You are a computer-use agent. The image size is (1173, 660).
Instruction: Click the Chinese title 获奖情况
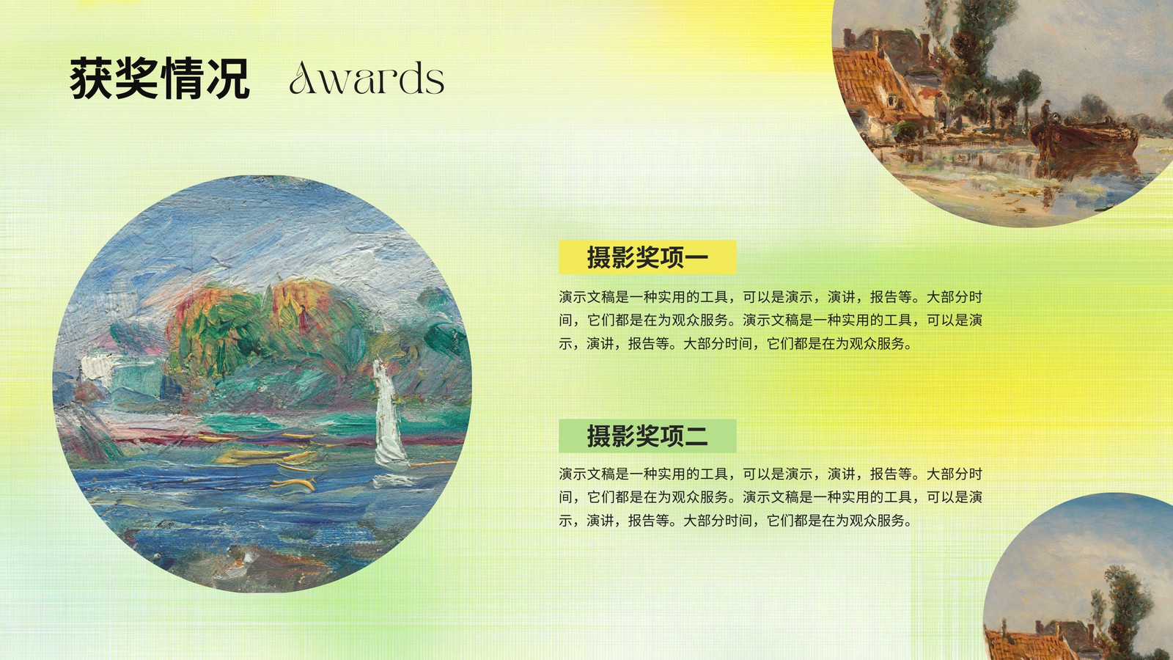[x=160, y=78]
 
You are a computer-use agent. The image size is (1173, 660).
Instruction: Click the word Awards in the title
[x=367, y=78]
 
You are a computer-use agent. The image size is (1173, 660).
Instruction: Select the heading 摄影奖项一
[x=647, y=257]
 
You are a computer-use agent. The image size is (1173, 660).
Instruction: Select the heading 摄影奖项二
[x=647, y=436]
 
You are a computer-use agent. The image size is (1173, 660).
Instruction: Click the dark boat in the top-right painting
[x=1084, y=137]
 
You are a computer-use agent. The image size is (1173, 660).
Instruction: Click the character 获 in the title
[x=92, y=78]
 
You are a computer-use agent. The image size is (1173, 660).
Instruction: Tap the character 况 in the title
[x=228, y=78]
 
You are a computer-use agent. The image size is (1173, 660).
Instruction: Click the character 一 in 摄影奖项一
[x=696, y=257]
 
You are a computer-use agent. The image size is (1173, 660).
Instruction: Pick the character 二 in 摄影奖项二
[x=696, y=436]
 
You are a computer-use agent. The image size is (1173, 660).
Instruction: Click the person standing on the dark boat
[x=1045, y=113]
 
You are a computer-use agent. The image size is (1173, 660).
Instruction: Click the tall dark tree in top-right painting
[x=974, y=58]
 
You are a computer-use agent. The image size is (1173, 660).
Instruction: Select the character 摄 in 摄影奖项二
[x=598, y=436]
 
